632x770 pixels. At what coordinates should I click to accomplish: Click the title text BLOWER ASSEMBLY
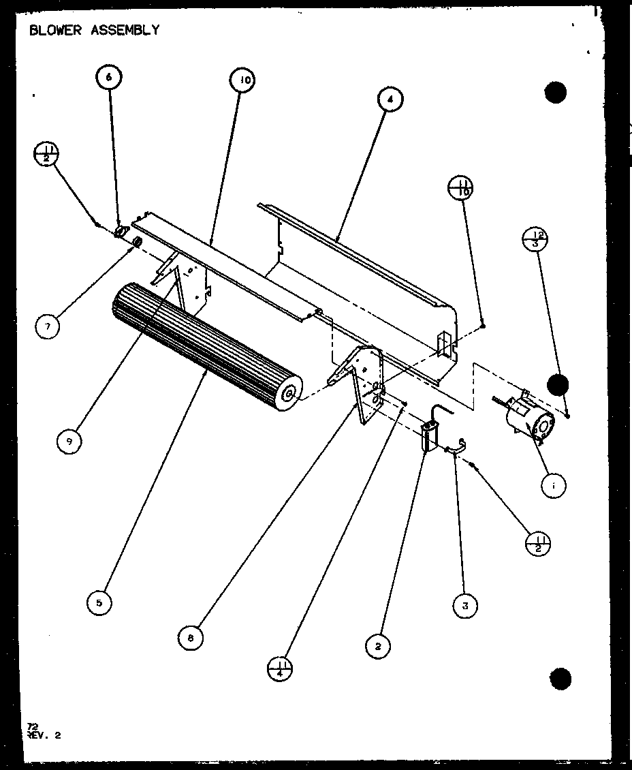94,30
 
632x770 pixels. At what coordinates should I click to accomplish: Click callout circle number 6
108,77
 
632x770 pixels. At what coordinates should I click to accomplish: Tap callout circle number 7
47,327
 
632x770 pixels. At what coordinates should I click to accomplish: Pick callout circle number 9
69,442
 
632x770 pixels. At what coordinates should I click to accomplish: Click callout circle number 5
99,602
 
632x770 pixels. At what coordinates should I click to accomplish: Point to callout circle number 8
190,638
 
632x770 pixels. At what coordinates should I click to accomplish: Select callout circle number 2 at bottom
377,645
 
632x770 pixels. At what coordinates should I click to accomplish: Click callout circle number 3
464,606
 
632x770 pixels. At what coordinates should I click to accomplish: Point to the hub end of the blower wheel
289,393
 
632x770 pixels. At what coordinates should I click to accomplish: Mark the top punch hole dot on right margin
556,92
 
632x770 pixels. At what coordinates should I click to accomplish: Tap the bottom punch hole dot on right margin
559,679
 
